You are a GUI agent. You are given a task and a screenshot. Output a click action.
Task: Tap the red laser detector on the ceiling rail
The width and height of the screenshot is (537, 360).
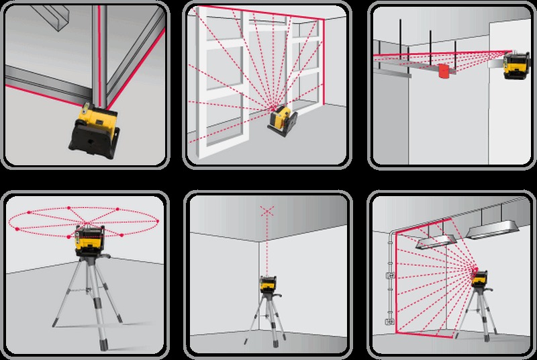tap(444, 71)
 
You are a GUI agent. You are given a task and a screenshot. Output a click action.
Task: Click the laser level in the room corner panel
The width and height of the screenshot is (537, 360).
tap(268, 285)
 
